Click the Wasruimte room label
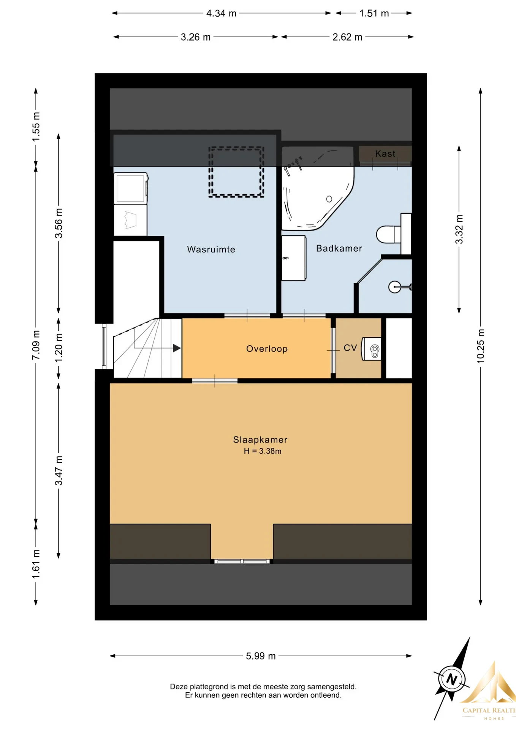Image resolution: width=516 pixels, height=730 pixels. (211, 249)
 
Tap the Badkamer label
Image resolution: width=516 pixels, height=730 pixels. (339, 248)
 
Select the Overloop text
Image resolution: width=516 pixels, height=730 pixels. (267, 349)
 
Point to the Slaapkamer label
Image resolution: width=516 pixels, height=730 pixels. (260, 440)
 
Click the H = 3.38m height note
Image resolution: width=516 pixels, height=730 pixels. (263, 451)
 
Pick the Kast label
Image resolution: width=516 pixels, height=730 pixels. (385, 154)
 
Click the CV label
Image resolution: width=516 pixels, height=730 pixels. (350, 348)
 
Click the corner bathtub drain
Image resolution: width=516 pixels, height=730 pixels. (329, 199)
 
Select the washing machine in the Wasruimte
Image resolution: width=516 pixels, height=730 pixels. (131, 188)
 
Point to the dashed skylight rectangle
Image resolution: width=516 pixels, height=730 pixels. (236, 172)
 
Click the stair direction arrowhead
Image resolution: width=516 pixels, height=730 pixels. (177, 348)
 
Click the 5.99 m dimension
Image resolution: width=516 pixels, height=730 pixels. (261, 656)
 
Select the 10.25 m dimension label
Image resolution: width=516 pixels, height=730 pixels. (481, 346)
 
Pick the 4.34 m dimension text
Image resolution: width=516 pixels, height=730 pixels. (222, 13)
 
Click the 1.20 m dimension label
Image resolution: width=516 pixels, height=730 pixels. (59, 348)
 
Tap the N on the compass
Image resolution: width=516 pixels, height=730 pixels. (451, 679)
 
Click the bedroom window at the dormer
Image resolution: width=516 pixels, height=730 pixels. (242, 561)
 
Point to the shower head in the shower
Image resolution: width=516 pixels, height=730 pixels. (395, 287)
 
